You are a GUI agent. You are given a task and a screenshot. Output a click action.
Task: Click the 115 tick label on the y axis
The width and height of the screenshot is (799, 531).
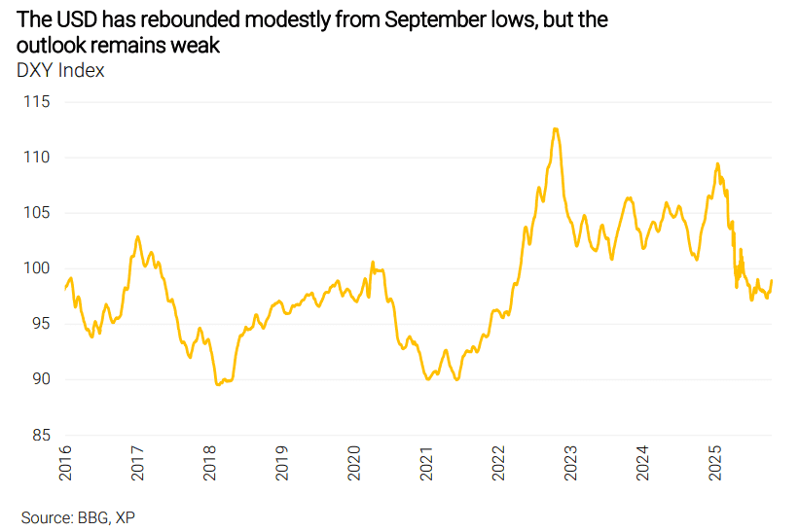36,101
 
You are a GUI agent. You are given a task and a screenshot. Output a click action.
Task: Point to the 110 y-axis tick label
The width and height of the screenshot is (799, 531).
36,157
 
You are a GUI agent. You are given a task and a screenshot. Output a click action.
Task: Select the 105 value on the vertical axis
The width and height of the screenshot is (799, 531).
36,212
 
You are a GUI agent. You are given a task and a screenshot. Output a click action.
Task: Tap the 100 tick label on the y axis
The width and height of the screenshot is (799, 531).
36,268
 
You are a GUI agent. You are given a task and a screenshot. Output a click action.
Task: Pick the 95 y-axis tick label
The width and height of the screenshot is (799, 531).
39,324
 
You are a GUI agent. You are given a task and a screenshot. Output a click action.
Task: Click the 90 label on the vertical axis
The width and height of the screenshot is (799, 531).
39,379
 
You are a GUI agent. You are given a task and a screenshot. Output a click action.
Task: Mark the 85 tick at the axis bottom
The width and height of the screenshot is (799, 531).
39,435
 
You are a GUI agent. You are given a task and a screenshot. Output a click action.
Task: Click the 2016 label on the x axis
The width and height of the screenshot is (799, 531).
65,464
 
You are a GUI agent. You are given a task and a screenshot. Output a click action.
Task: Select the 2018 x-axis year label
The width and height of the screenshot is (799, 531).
209,464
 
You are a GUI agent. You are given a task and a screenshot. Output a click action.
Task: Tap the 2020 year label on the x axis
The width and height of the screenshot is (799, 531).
353,464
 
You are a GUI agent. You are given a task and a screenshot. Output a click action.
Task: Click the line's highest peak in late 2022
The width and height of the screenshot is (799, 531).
555,128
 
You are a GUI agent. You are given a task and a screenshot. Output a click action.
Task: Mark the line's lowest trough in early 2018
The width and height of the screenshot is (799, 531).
217,385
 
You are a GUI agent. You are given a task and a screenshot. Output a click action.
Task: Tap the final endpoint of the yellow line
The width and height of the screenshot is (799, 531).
772,281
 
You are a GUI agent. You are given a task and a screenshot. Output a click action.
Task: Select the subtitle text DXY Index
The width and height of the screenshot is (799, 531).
60,70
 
